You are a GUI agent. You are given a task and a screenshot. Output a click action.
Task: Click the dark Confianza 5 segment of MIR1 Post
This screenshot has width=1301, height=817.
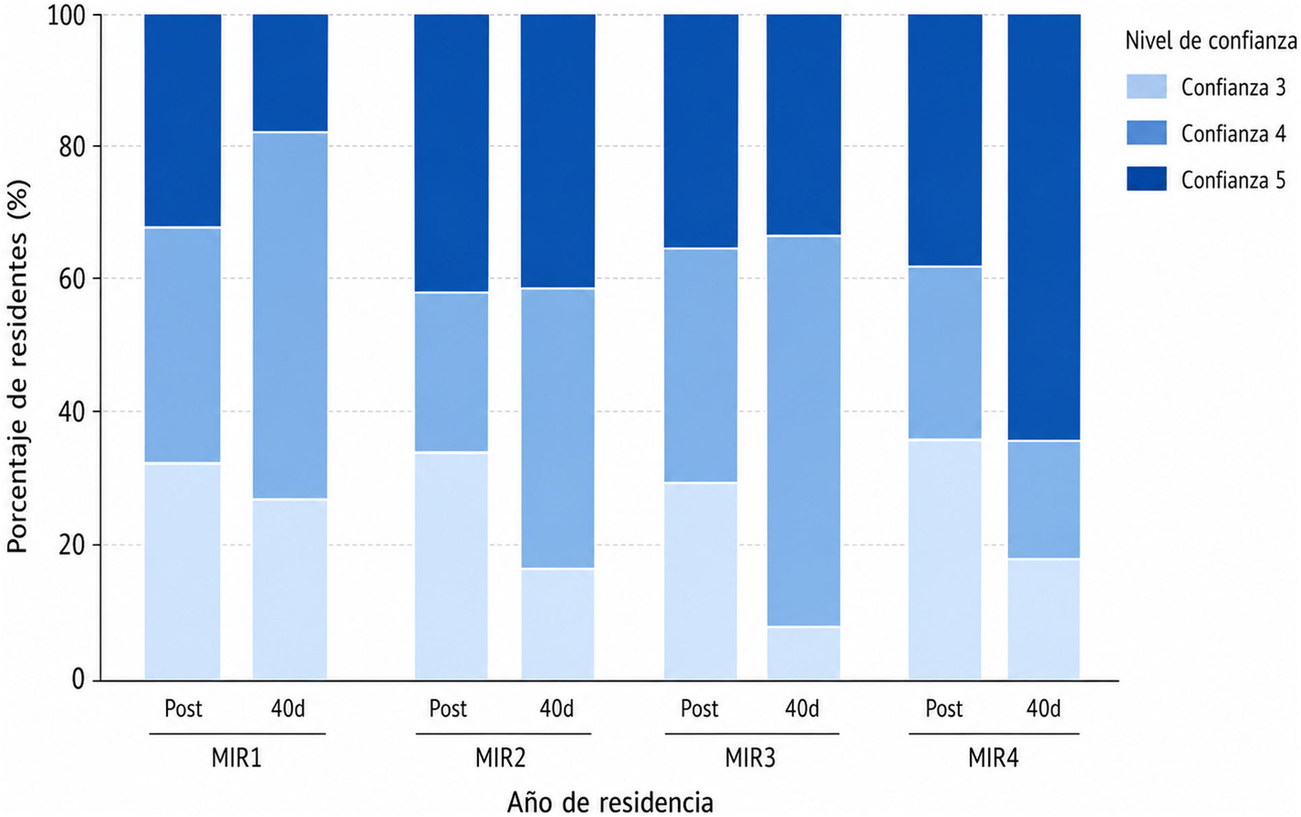point(183,121)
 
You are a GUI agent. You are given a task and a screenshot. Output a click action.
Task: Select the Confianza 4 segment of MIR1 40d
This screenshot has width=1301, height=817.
point(291,315)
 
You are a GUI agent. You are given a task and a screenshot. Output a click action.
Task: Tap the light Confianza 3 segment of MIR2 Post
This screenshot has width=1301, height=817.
point(451,566)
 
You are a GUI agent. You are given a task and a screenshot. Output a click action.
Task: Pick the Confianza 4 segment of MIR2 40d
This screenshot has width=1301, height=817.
point(558,429)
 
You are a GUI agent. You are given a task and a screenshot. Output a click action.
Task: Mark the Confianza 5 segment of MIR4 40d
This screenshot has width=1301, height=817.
point(1044,227)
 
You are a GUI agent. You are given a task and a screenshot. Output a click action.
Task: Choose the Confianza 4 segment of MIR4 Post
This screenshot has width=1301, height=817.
point(945,353)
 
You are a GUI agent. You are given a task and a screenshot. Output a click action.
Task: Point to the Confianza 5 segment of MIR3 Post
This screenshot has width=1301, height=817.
point(701,131)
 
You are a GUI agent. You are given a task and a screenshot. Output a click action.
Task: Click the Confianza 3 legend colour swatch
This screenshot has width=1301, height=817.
point(1146,87)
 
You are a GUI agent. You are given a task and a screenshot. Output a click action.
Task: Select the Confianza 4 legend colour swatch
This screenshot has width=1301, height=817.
point(1146,133)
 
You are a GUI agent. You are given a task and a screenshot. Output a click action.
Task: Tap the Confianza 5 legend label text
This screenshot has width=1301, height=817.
point(1233,181)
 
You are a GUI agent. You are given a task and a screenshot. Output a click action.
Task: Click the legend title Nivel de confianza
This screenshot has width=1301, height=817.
point(1211,42)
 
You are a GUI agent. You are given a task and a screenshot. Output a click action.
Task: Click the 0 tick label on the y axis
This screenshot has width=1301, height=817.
point(79,679)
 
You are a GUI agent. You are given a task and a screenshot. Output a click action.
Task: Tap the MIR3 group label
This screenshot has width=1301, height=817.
point(750,758)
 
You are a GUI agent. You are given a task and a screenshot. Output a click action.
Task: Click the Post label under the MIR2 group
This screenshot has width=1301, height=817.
point(448,708)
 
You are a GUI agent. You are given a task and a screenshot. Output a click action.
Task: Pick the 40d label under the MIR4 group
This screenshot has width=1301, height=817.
point(1043,708)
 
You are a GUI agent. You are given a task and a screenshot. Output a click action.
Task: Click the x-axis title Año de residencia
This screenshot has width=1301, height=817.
point(610,802)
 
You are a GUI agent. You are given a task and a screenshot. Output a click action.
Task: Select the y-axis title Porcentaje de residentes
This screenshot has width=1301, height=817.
point(18,366)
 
